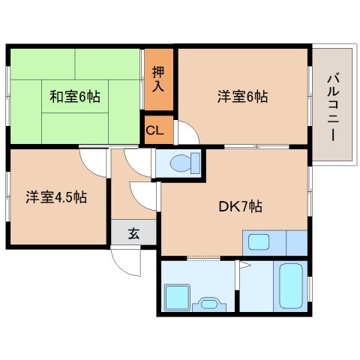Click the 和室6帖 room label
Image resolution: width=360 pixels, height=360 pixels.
pos(75,97)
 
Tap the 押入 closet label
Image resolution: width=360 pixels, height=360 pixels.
pos(159,78)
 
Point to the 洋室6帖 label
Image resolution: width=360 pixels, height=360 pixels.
pos(243,97)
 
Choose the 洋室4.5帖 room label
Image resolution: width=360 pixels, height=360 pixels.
pos(56,198)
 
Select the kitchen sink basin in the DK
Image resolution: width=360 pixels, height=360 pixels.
pos(259,242)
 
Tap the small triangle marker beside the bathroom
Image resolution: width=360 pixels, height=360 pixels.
pos(240,265)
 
